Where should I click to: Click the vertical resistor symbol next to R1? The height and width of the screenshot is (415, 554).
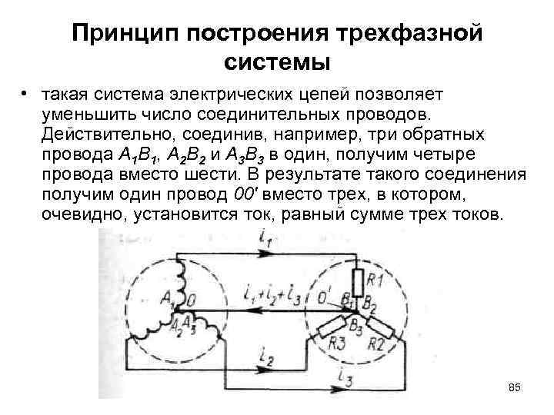point(358,279)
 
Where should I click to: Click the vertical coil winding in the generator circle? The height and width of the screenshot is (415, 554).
point(182,273)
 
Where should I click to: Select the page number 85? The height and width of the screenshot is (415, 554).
point(514,386)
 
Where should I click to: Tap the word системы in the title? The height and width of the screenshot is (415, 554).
point(278,61)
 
